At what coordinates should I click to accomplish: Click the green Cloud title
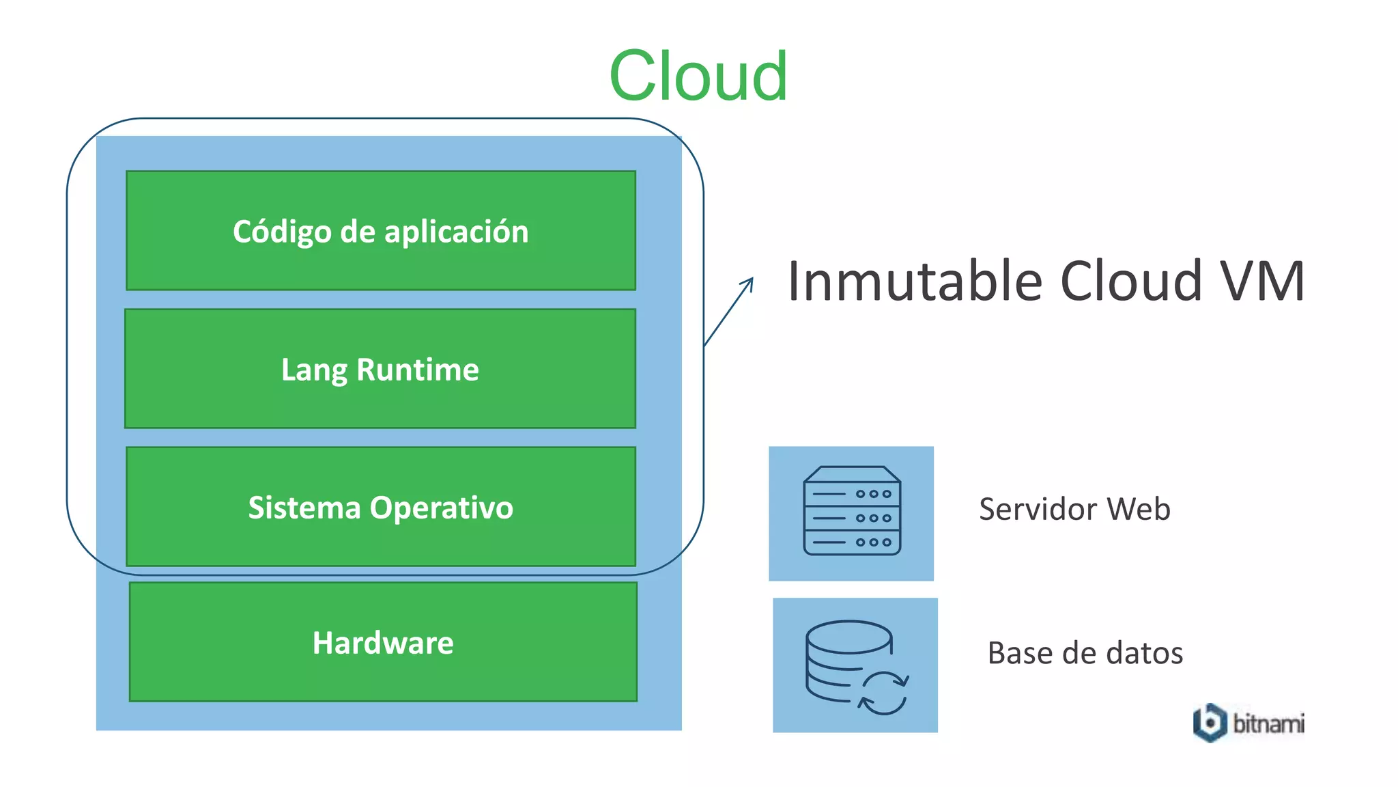point(698,76)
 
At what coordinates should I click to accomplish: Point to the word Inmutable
point(915,281)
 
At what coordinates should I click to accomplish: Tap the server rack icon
point(852,511)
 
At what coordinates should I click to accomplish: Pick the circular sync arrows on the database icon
point(883,693)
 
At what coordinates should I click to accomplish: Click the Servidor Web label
point(1074,510)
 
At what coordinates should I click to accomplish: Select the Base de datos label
point(1085,653)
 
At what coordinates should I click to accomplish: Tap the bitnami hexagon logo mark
point(1210,722)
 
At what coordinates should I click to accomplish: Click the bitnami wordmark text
point(1268,723)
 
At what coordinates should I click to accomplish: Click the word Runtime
point(418,370)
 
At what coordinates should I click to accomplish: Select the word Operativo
point(441,508)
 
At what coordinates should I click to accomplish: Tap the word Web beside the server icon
point(1138,510)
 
